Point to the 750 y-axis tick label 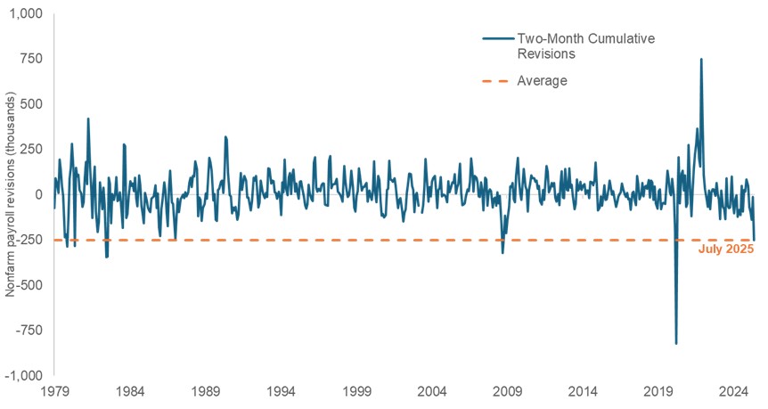[34, 59]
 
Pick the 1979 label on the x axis [54, 392]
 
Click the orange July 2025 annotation [726, 249]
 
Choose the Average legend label [542, 80]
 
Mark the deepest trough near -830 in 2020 [676, 343]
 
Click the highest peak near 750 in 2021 [701, 60]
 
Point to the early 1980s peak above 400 [87, 119]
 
